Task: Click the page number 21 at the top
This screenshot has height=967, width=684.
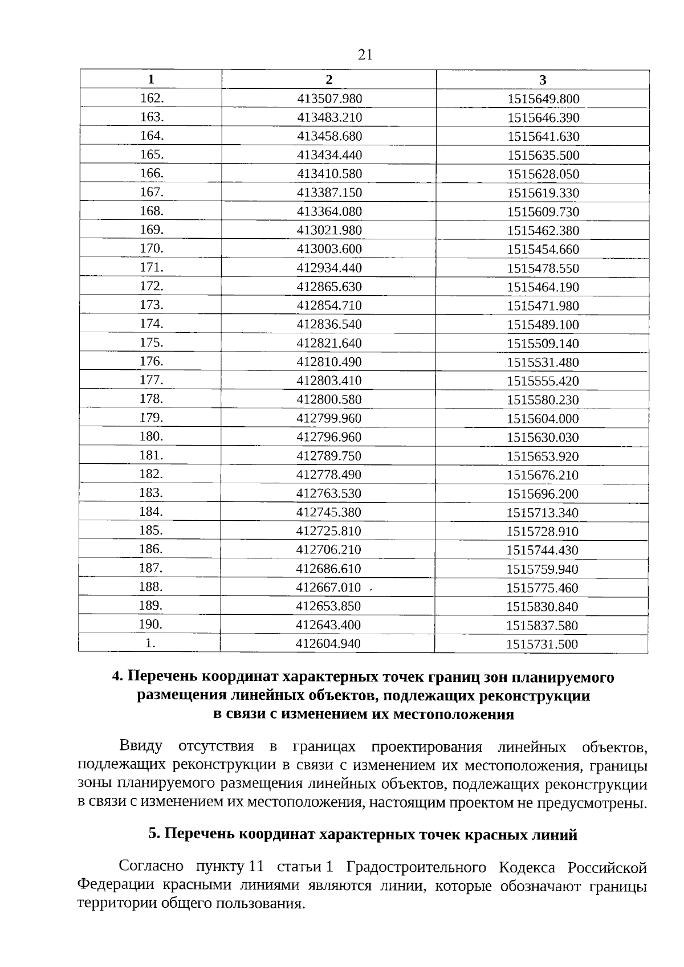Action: [x=365, y=55]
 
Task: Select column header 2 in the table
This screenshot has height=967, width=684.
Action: [x=329, y=79]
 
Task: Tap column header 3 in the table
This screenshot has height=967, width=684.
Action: [x=543, y=80]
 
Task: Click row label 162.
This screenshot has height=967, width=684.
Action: [x=152, y=98]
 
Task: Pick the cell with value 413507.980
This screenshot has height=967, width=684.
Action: [x=329, y=99]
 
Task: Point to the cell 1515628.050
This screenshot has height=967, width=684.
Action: [x=543, y=174]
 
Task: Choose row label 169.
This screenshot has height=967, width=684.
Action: [x=152, y=230]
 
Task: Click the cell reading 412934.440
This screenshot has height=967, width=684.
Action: [x=329, y=268]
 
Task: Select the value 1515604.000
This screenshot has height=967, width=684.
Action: [x=543, y=419]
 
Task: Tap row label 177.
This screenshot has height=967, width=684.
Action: [x=152, y=380]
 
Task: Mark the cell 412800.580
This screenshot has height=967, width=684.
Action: [x=329, y=399]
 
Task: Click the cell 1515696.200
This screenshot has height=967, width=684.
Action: [x=543, y=494]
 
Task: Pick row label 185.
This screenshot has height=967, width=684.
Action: [x=151, y=531]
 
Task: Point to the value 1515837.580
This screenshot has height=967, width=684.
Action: [x=542, y=626]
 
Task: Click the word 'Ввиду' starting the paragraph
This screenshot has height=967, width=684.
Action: [x=141, y=746]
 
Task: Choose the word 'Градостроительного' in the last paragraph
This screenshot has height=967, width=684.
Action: [x=416, y=867]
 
